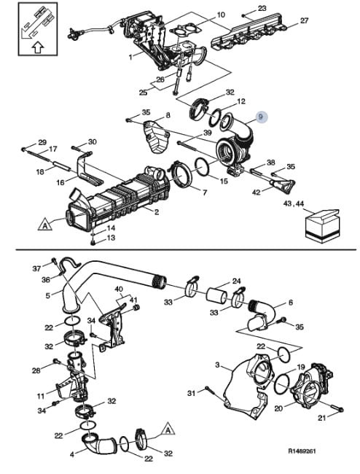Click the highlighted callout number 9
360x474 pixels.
pos(261,117)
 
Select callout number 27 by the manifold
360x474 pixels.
pos(304,20)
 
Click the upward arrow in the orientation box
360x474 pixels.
pos(38,47)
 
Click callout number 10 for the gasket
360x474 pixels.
pos(221,15)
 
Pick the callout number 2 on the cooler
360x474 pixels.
pos(157,212)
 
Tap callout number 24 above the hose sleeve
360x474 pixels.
pos(236,281)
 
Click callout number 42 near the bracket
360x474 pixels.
pos(257,192)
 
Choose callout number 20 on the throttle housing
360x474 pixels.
pos(278,408)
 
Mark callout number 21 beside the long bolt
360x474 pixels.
pos(322,418)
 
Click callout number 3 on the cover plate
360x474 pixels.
pos(217,365)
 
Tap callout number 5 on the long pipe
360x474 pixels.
pos(48,295)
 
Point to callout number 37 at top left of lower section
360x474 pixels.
pos(36,268)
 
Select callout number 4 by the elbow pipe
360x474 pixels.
pos(72,454)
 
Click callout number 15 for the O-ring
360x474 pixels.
pos(224,181)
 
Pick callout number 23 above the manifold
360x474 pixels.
pos(262,8)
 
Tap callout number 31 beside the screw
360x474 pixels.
pos(191,393)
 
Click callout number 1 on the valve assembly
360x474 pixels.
pos(130,57)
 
